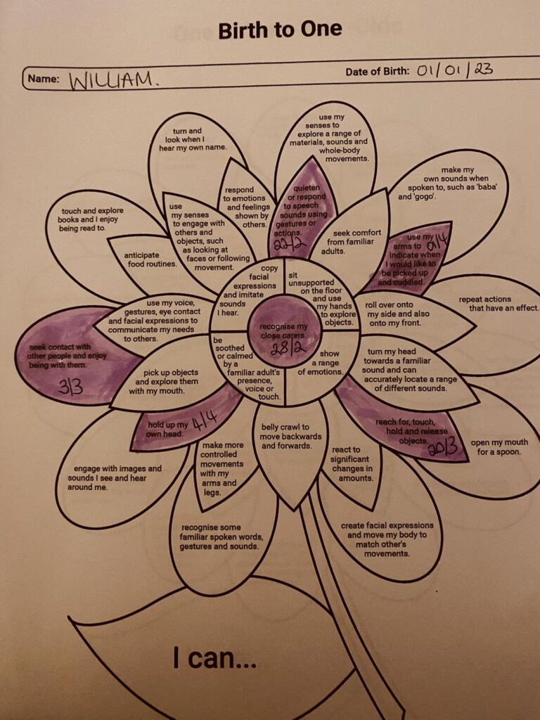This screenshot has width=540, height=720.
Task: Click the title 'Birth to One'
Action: [x=280, y=30]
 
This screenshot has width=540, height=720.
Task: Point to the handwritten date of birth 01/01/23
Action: [x=455, y=71]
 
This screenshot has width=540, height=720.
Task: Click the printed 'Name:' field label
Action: [x=44, y=79]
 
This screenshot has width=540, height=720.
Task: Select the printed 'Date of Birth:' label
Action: [x=378, y=72]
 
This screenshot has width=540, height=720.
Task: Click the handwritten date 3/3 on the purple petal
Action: [x=70, y=387]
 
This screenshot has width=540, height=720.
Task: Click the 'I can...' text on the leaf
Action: [x=214, y=658]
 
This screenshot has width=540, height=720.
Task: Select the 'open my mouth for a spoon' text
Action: [x=499, y=447]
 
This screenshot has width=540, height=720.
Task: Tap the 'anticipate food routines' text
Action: [x=150, y=259]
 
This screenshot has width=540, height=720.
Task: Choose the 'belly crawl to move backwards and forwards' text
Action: [x=291, y=436]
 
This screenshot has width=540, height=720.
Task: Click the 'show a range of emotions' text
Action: [x=321, y=363]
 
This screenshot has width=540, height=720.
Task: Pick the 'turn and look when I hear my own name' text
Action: [x=193, y=139]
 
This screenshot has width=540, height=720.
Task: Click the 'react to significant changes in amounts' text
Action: [x=352, y=464]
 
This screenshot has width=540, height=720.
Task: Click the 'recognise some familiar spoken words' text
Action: [x=221, y=536]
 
